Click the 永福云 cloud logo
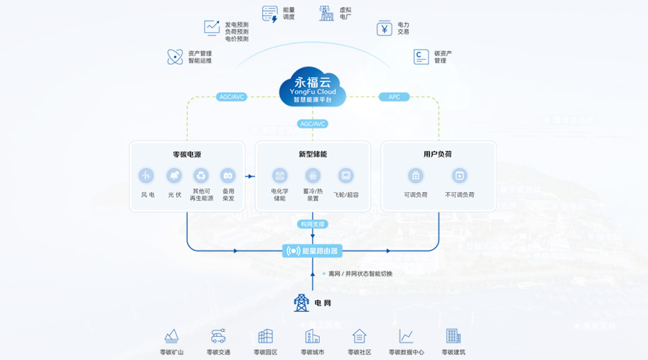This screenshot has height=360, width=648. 312,86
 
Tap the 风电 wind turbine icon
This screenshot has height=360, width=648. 147,175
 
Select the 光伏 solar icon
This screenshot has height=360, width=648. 174,175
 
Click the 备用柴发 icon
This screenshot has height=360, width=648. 228,175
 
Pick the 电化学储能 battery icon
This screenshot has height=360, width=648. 279,175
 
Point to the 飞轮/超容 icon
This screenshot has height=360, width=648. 346,175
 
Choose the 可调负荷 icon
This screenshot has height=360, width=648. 415,175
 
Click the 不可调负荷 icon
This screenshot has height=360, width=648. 460,175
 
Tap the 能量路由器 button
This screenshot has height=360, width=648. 312,251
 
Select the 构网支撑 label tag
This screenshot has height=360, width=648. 312,224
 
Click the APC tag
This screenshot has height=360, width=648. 395,97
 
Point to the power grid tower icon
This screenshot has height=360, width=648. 302,302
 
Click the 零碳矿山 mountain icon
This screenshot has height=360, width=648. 171,336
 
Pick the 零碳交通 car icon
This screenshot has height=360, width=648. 218,336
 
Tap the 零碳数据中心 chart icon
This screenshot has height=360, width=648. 406,336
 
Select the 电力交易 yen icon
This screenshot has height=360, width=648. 384,28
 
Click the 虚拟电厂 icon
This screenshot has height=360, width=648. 327,14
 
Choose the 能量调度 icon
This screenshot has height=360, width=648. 270,14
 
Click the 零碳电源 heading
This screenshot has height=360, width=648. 186,154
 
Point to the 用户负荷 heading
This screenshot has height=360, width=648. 438,154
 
